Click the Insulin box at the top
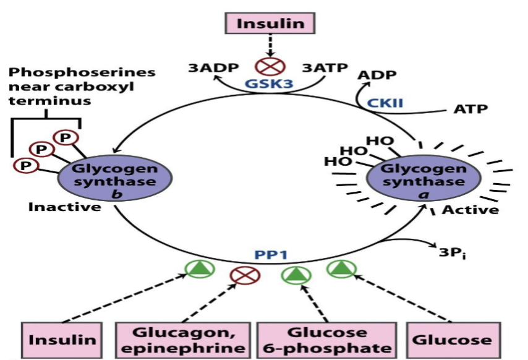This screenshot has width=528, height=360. pyautogui.click(x=270, y=24)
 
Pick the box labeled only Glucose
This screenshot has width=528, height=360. pyautogui.click(x=453, y=340)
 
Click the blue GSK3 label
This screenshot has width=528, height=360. pyautogui.click(x=270, y=84)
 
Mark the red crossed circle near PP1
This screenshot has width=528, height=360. pyautogui.click(x=241, y=276)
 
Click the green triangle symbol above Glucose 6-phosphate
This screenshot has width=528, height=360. pyautogui.click(x=295, y=275)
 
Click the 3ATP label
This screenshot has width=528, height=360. pyautogui.click(x=324, y=67)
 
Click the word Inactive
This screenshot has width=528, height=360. pyautogui.click(x=64, y=207)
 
